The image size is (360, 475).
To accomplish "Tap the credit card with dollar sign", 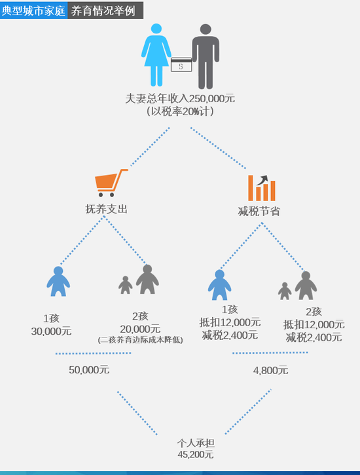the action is point(181,65).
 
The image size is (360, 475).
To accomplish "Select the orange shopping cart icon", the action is point(111,183).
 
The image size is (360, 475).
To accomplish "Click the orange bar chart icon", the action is point(262,188).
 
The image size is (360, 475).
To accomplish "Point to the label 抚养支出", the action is point(107,209).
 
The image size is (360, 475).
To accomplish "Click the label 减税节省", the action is point(259,211).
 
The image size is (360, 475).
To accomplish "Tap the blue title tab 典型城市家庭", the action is point(33,10).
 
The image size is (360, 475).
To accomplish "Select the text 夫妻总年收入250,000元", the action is point(180,98).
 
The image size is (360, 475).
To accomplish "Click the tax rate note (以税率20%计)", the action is point(180,112).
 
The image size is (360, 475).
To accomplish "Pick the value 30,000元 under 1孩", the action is point(51,332).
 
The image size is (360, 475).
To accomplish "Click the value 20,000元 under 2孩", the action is point(140,329).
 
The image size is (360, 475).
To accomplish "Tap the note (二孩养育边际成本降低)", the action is point(140,340).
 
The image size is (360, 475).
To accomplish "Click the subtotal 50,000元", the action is point(89,370).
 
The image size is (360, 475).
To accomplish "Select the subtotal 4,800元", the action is point(270,370).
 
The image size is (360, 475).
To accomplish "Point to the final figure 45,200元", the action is point(196,455).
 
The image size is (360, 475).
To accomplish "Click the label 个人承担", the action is point(196,444).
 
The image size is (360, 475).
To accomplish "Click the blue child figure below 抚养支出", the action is point(58,282).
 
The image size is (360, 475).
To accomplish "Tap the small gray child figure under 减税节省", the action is point(285,291).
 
